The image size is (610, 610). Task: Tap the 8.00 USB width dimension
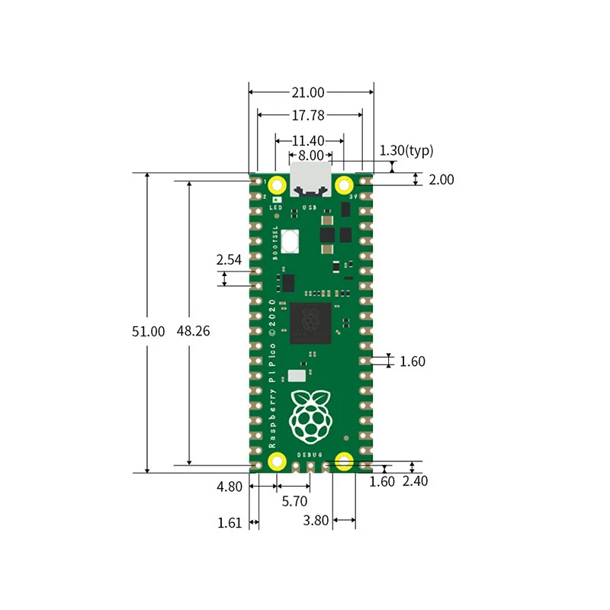tap(310, 155)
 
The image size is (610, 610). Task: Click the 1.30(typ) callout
tap(406, 151)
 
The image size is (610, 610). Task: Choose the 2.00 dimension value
tap(440, 180)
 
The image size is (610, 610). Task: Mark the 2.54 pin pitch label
tap(229, 260)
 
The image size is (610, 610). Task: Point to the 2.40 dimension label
tap(416, 482)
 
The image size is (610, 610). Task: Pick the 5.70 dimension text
tap(294, 502)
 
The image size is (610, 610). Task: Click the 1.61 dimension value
tap(229, 522)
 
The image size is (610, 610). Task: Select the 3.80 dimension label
tap(316, 522)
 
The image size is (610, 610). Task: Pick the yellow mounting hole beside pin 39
tap(344, 184)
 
